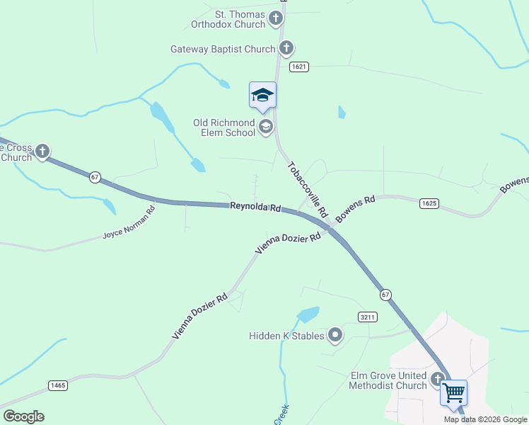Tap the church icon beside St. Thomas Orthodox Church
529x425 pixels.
point(281,16)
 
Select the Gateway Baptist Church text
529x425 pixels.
point(223,49)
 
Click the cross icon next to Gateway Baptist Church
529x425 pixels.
point(286,48)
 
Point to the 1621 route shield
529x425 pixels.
point(298,67)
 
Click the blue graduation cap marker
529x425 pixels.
point(262,96)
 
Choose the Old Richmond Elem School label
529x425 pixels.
point(224,127)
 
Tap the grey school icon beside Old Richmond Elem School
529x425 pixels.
point(266,127)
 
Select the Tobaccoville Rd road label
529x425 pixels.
point(308,189)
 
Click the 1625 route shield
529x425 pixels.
point(429,203)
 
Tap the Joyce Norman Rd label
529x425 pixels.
point(129,222)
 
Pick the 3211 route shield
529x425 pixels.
point(366,316)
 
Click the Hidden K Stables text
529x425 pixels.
point(286,336)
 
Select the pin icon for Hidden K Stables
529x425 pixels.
point(335,335)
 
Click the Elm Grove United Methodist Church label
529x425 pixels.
point(388,380)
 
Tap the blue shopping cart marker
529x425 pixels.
point(453,392)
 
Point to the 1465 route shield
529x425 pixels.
point(58,385)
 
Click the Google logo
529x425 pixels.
point(23,416)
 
